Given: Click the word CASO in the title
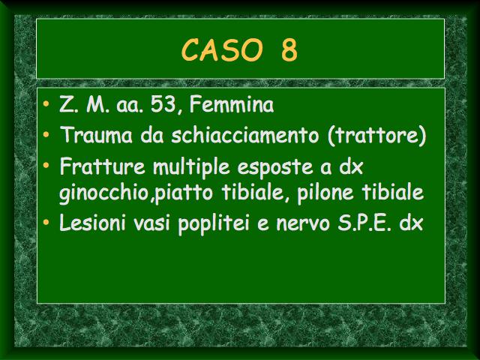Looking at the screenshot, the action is coord(222,49).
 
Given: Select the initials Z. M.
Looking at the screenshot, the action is coord(84,104).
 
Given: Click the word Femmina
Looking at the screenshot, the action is coord(232,104).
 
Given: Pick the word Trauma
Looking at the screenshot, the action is coord(96,135).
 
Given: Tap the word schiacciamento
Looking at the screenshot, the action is coord(245,135).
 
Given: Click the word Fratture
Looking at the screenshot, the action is coord(103,166).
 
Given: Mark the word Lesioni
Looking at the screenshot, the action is coord(93,222).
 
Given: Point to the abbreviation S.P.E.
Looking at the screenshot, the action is coord(364,223).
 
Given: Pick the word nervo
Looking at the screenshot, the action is coord(303,224).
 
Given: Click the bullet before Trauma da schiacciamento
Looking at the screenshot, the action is coord(46,134).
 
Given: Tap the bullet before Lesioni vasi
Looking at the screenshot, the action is coord(46,222).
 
